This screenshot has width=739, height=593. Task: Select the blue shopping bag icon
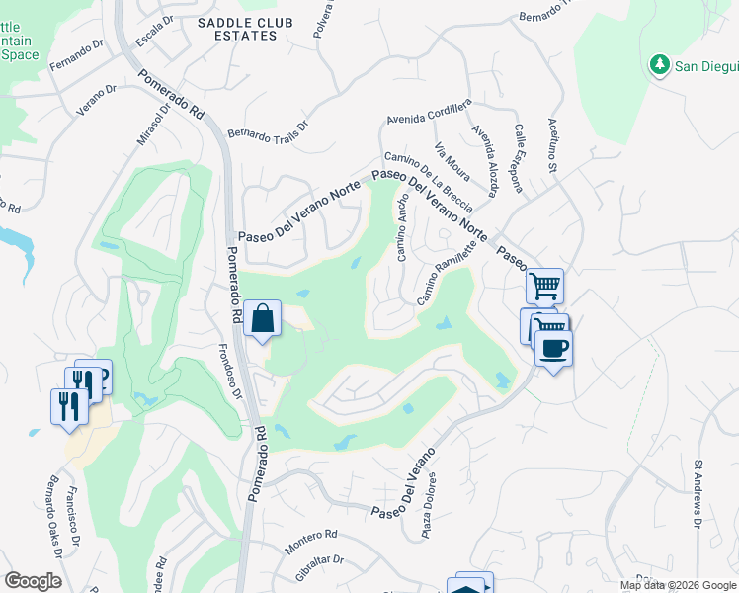coord(263,319)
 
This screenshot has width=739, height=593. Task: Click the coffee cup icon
coord(553,349)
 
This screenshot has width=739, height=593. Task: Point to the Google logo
coord(33,581)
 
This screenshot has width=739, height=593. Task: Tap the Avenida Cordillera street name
coord(430,114)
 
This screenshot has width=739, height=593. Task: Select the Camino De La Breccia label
coord(428,175)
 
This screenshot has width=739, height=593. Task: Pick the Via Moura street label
coord(453,161)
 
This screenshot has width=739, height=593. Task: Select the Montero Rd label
coord(310,538)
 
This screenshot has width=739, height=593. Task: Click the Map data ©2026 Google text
coord(678,585)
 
